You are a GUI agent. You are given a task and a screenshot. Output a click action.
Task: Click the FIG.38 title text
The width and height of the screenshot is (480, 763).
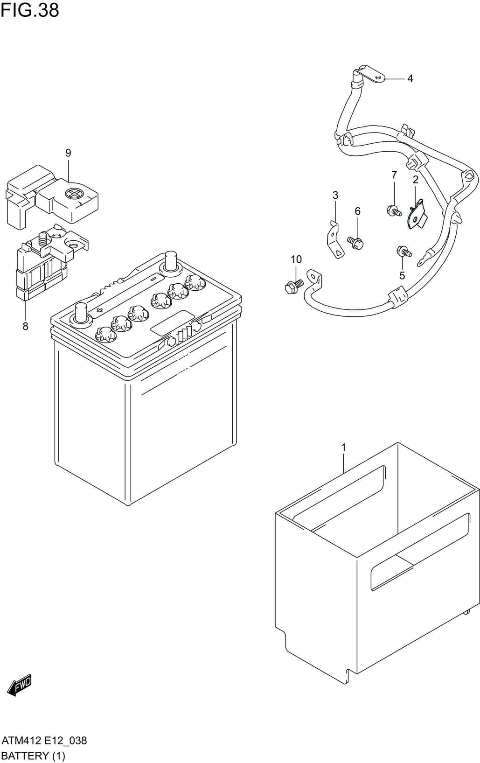pyautogui.click(x=30, y=10)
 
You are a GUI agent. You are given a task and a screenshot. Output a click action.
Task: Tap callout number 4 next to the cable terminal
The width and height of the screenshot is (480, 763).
pyautogui.click(x=410, y=78)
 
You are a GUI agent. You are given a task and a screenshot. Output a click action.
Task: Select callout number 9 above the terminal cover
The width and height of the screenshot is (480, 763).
pyautogui.click(x=68, y=153)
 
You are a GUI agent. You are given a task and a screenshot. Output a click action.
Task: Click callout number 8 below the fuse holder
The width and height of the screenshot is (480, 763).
pyautogui.click(x=25, y=326)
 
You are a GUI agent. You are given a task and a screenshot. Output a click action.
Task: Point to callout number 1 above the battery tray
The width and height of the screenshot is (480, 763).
pyautogui.click(x=344, y=447)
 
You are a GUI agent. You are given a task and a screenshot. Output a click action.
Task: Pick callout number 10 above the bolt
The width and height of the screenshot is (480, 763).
pyautogui.click(x=296, y=259)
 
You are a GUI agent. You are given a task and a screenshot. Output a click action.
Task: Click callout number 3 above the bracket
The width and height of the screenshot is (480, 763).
pyautogui.click(x=335, y=195)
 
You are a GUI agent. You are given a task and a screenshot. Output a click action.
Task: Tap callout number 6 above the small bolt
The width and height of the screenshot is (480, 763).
pyautogui.click(x=357, y=211)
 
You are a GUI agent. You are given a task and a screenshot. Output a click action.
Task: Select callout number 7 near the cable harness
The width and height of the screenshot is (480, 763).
pyautogui.click(x=394, y=175)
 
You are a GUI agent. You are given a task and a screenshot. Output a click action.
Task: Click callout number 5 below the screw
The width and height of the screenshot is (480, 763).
pyautogui.click(x=402, y=275)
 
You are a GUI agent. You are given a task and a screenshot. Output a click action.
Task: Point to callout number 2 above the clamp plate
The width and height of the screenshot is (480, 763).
pyautogui.click(x=415, y=179)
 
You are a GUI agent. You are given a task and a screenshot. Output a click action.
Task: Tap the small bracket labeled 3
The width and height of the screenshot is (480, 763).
pyautogui.click(x=334, y=240)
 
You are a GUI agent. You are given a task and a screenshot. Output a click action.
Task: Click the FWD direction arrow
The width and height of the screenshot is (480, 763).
pyautogui.click(x=20, y=686)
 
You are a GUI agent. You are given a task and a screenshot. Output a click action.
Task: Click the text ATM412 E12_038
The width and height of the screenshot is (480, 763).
pyautogui.click(x=44, y=741)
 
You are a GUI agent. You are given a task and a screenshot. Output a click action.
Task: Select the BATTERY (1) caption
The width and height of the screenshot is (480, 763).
pyautogui.click(x=33, y=756)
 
